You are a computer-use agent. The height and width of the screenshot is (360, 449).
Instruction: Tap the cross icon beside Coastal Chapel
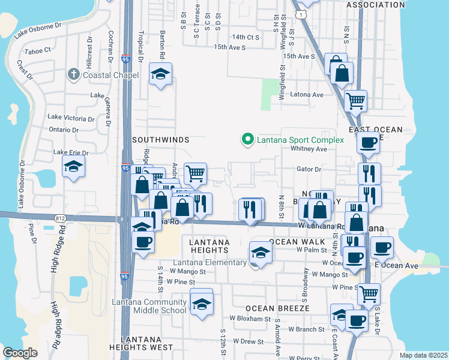pyautogui.click(x=74, y=74)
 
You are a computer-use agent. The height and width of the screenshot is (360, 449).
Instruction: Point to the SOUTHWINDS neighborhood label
pyautogui.click(x=161, y=140)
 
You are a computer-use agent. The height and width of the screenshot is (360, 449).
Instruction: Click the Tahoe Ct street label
pyautogui.click(x=37, y=51)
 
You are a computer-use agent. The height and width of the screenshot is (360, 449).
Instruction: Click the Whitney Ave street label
pyautogui.click(x=309, y=149)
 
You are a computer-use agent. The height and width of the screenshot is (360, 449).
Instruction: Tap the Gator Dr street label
pyautogui.click(x=309, y=169)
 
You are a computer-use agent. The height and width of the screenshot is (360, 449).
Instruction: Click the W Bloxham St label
pyautogui.click(x=250, y=319)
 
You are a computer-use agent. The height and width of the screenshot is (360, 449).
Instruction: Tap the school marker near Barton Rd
pyautogui.click(x=160, y=74)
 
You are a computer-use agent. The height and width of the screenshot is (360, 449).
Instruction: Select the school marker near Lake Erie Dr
pyautogui.click(x=73, y=167)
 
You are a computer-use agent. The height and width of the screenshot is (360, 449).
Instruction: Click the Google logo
pyautogui.click(x=20, y=352)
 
